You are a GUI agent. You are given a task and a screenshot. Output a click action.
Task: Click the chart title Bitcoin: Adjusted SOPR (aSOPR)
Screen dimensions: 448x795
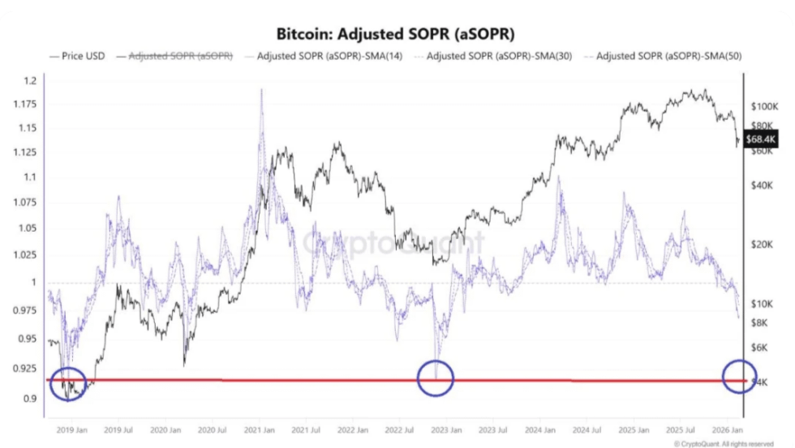point(397,35)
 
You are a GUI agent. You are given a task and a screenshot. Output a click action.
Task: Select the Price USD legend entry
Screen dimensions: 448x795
point(77,57)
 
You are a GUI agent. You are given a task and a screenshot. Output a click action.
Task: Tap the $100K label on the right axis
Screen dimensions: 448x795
point(764,107)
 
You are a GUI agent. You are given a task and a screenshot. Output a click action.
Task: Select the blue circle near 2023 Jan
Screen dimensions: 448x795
point(435,378)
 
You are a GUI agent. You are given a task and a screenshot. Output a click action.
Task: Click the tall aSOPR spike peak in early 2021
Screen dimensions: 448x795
point(261,91)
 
